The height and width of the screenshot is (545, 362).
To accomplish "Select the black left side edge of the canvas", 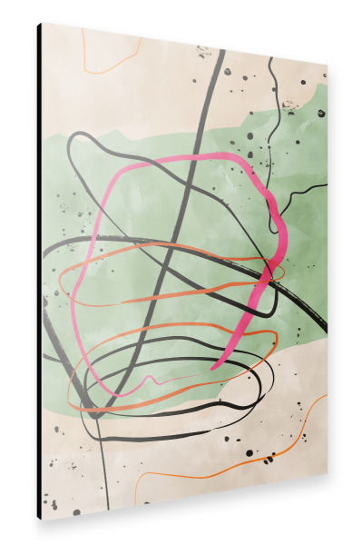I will (x=39, y=272).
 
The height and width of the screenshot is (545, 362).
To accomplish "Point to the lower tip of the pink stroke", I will (x=214, y=367).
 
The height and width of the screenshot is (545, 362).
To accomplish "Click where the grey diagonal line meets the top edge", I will (x=221, y=50).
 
